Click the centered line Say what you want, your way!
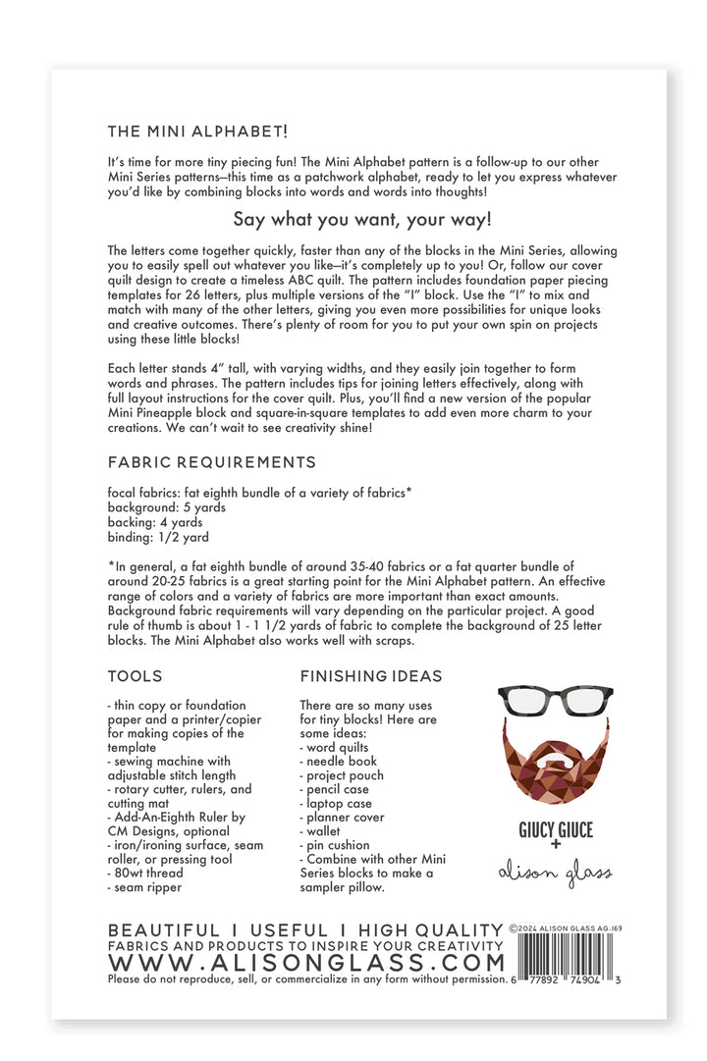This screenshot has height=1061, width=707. [362, 219]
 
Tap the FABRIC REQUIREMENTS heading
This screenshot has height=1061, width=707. [212, 461]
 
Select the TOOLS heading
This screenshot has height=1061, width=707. [136, 676]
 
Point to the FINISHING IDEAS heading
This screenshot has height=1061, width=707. [371, 676]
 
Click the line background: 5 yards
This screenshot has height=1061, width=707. [167, 507]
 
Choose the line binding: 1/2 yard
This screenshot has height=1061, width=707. [157, 537]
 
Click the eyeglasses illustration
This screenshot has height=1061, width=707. [556, 701]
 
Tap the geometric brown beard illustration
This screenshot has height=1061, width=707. [556, 761]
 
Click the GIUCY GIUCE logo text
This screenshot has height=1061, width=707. [556, 829]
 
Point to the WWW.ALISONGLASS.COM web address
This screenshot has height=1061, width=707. [305, 962]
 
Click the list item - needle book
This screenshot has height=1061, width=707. [338, 761]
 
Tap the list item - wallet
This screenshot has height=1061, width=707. [321, 830]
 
